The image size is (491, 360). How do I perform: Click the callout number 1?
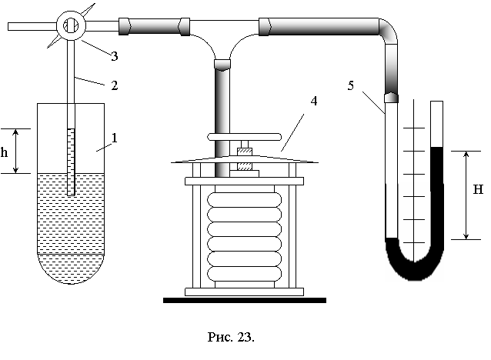click(115, 138)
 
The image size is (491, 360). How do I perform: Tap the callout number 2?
click(115, 85)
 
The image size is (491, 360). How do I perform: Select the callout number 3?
click(115, 56)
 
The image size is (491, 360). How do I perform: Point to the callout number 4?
click(313, 101)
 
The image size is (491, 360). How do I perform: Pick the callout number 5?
click(350, 85)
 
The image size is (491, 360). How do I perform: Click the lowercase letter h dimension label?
click(4, 152)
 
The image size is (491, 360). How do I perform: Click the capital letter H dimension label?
click(478, 189)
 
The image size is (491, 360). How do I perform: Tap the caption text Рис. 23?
click(231, 337)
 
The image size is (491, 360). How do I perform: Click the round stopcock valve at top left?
click(71, 25)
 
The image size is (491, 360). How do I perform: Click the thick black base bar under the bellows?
click(245, 301)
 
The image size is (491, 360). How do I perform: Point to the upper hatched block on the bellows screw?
click(244, 152)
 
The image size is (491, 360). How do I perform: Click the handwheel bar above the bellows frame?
click(244, 137)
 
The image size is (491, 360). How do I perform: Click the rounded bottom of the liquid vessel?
click(71, 268)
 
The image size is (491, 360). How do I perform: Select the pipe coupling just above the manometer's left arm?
click(391, 98)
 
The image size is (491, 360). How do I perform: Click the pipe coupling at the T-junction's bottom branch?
click(222, 65)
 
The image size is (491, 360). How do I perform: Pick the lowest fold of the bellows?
click(244, 274)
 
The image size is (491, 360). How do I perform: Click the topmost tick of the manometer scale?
click(414, 128)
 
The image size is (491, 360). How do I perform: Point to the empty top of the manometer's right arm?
click(437, 124)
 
